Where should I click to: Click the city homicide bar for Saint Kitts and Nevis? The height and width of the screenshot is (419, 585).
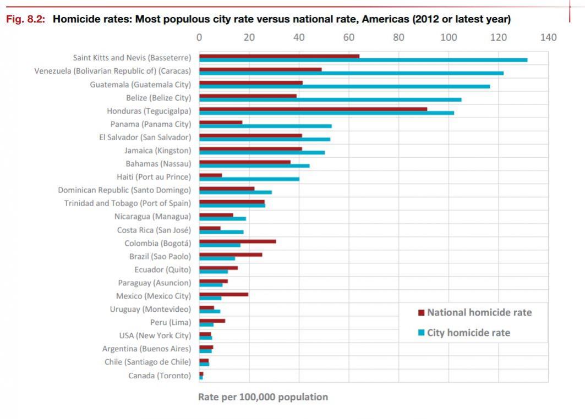[x=363, y=60]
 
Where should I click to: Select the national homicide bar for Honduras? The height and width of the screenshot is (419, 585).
[x=313, y=109]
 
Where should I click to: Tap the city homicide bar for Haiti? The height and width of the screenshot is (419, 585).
[x=249, y=179]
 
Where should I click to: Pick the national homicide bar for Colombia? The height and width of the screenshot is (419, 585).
[x=237, y=241]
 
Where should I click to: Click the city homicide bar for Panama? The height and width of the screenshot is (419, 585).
[x=265, y=126]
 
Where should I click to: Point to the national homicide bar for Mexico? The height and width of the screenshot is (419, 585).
[x=223, y=294]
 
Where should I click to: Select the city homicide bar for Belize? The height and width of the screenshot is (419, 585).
[x=330, y=100]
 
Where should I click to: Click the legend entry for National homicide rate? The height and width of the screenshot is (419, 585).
[x=479, y=312]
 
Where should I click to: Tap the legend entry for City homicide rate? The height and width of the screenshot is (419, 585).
[x=468, y=333]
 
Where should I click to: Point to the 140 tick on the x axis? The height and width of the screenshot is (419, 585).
[x=548, y=37]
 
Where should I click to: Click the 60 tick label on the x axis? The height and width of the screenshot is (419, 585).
[x=349, y=37]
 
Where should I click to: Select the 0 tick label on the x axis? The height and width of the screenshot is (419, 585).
[x=199, y=37]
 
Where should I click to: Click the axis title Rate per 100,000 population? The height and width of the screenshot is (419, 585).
[x=263, y=397]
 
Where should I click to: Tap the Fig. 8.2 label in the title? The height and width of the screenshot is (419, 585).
[x=25, y=20]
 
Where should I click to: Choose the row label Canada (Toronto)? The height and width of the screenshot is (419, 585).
[x=160, y=376]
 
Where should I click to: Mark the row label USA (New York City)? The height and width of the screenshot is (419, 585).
[x=155, y=335]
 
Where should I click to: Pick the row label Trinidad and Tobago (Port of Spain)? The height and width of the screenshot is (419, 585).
[x=128, y=203]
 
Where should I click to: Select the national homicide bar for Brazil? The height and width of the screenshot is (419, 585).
[x=231, y=254]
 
